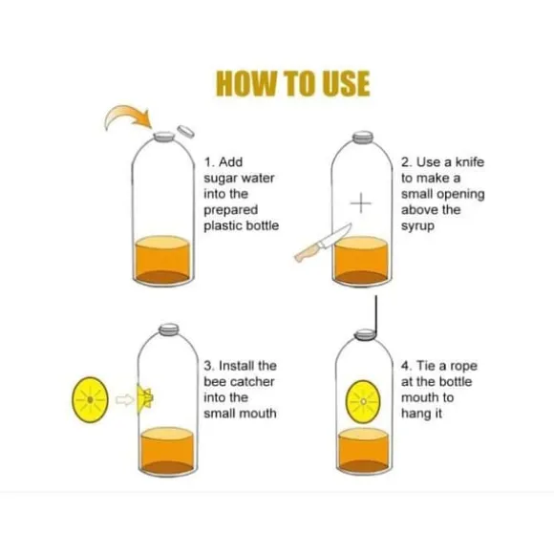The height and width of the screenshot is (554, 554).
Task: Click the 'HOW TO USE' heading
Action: click(292, 84)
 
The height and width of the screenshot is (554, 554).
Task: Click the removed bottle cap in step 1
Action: click(186, 132)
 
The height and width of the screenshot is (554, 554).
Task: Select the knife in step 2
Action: click(323, 243)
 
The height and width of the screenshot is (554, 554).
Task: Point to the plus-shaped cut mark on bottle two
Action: click(361, 203)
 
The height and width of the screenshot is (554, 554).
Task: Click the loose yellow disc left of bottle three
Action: click(90, 399)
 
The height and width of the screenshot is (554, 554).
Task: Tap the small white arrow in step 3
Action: click(125, 400)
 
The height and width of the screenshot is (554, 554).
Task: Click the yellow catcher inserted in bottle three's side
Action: click(144, 398)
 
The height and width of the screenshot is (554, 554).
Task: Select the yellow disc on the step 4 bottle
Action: click(363, 401)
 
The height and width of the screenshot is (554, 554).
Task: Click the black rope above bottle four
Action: click(376, 314)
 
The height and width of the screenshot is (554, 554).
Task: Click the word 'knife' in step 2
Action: click(470, 162)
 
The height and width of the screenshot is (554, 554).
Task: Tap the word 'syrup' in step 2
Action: click(417, 226)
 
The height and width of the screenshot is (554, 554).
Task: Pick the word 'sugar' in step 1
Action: click(217, 179)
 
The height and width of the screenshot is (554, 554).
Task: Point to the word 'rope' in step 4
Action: click(463, 367)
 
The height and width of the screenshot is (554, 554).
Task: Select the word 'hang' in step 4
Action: click(415, 414)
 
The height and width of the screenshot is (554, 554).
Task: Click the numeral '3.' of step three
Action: click(208, 366)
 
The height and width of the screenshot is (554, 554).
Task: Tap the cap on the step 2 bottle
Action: click(363, 138)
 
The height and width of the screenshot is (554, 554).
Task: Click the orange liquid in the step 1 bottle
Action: click(163, 259)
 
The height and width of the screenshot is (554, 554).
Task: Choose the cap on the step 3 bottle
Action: click(169, 329)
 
